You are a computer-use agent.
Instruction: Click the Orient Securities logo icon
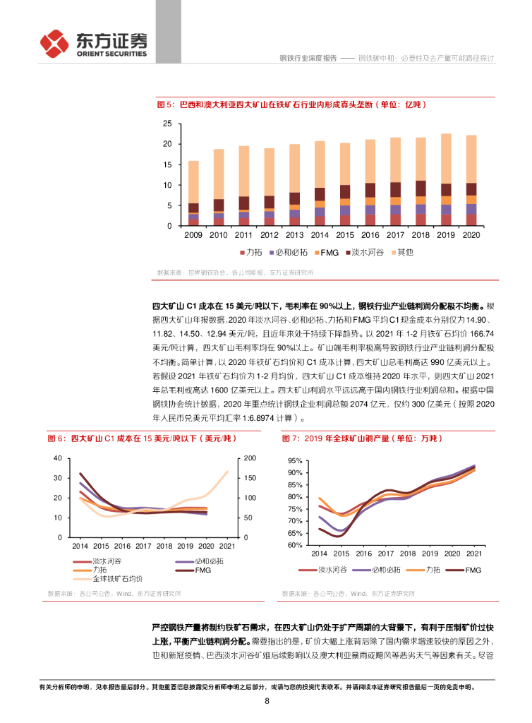[x=55, y=44]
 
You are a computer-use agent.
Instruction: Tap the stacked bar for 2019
[x=445, y=180]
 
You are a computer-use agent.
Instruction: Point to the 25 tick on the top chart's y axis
[x=167, y=124]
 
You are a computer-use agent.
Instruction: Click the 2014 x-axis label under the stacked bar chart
[x=320, y=235]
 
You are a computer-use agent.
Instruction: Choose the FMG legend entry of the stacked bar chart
[x=326, y=252]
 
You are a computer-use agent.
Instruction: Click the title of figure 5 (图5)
[x=291, y=104]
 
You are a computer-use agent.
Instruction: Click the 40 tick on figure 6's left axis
[x=58, y=459]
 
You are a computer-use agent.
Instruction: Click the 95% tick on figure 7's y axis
[x=295, y=460]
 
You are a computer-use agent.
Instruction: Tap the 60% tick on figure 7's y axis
[x=295, y=545]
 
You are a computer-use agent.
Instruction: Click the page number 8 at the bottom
[x=267, y=700]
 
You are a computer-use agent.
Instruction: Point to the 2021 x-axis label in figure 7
[x=473, y=556]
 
